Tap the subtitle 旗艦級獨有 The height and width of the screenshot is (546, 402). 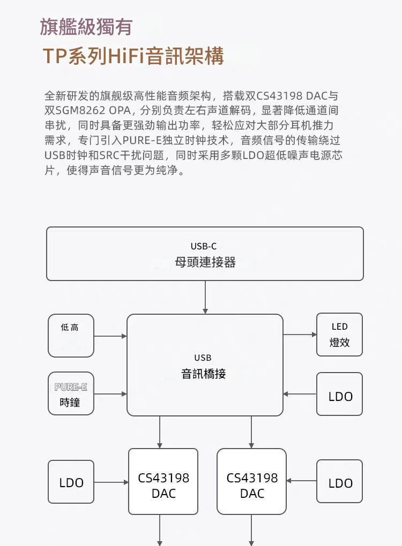coord(86,27)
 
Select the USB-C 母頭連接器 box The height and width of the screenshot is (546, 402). coord(205,254)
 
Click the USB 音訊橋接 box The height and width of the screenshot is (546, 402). coord(205,365)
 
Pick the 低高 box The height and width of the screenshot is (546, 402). coord(71,336)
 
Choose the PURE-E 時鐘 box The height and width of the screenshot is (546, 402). coord(71,393)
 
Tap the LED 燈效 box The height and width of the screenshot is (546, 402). coord(339,335)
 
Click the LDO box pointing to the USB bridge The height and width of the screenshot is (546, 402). coord(339,395)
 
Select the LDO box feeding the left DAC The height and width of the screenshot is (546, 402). coord(71,482)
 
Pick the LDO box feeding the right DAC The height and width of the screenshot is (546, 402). coord(339,481)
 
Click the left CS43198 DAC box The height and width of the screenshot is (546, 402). coord(163,482)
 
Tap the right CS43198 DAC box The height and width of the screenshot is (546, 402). coord(251,482)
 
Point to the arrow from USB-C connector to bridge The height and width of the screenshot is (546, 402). coord(205,297)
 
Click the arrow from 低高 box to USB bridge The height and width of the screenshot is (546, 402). coord(110,336)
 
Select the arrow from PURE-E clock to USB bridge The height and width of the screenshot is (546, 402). coord(110,394)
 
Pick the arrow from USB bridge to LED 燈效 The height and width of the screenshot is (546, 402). coord(300,335)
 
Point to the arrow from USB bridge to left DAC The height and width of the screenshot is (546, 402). coord(160,432)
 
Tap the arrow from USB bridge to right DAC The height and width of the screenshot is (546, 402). coord(251,432)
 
